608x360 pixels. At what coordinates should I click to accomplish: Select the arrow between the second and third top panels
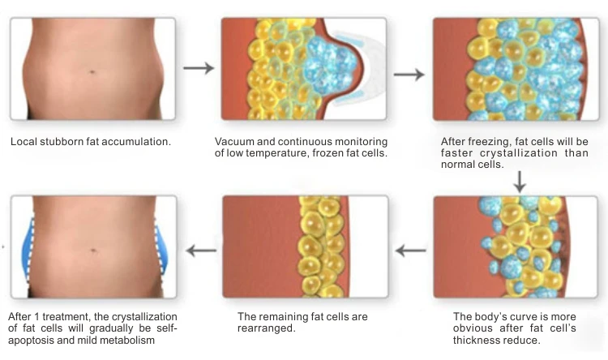pyautogui.click(x=413, y=74)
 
